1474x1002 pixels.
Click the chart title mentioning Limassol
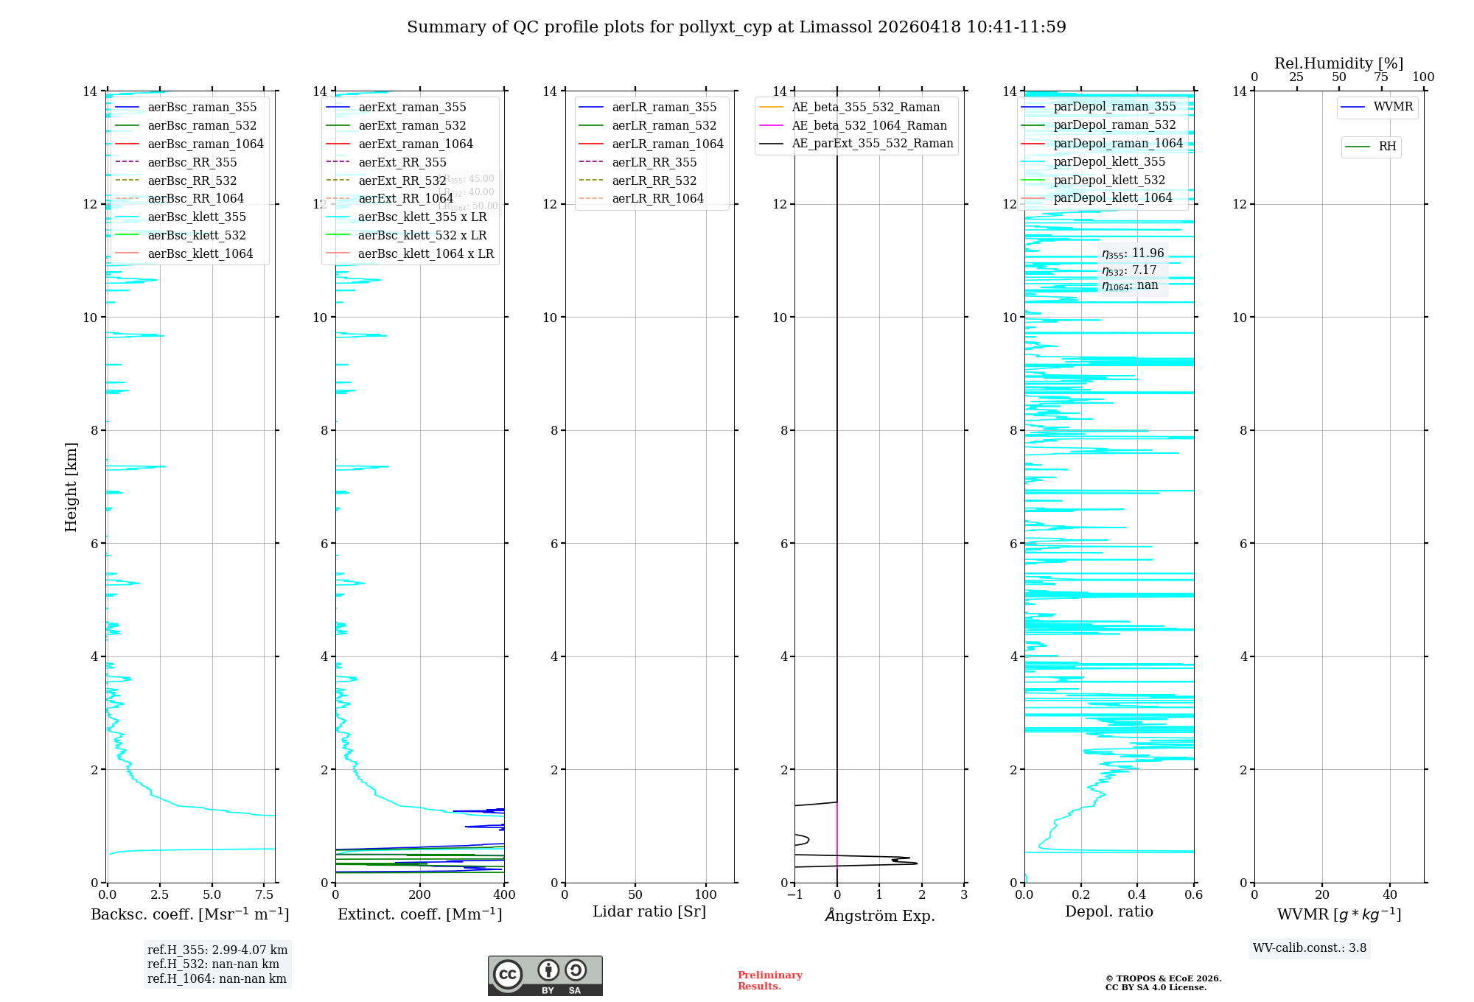pos(736,27)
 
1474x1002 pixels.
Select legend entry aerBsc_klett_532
pos(197,235)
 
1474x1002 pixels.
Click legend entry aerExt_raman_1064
pos(416,144)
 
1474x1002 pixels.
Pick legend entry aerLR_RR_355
pos(654,162)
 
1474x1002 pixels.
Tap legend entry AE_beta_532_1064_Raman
pos(869,125)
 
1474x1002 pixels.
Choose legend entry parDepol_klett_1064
pos(1112,197)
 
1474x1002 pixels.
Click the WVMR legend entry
pos(1393,107)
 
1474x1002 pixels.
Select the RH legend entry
pos(1387,147)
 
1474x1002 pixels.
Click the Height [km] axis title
pos(71,486)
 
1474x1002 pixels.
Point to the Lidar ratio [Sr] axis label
pos(649,911)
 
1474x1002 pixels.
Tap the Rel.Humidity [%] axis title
pos(1338,63)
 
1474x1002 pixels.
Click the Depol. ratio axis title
pos(1108,911)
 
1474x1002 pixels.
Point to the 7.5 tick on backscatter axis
pos(265,895)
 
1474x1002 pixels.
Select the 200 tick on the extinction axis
pos(420,895)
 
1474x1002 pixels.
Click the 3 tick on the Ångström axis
pos(964,895)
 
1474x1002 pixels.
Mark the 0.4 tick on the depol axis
pos(1137,895)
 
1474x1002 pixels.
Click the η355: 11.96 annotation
pos(1133,253)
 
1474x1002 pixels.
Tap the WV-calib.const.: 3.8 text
pos(1310,948)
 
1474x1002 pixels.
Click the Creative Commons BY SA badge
pos(545,975)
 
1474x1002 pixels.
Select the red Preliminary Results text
pos(769,981)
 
